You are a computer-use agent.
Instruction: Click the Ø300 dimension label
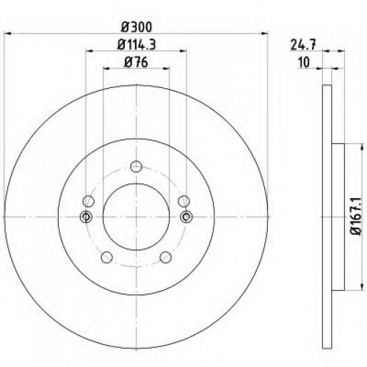pyautogui.click(x=137, y=27)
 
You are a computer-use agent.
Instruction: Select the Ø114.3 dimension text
pyautogui.click(x=137, y=45)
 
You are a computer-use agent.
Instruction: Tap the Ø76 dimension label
pyautogui.click(x=136, y=62)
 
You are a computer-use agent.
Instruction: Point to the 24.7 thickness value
pyautogui.click(x=303, y=45)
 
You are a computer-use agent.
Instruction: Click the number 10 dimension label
pyautogui.click(x=304, y=62)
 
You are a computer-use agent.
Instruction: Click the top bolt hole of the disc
pyautogui.click(x=137, y=167)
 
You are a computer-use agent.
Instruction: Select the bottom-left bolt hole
pyautogui.click(x=106, y=257)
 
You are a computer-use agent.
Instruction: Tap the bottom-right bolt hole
pyautogui.click(x=166, y=257)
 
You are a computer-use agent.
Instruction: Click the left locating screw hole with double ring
pyautogui.click(x=86, y=217)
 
